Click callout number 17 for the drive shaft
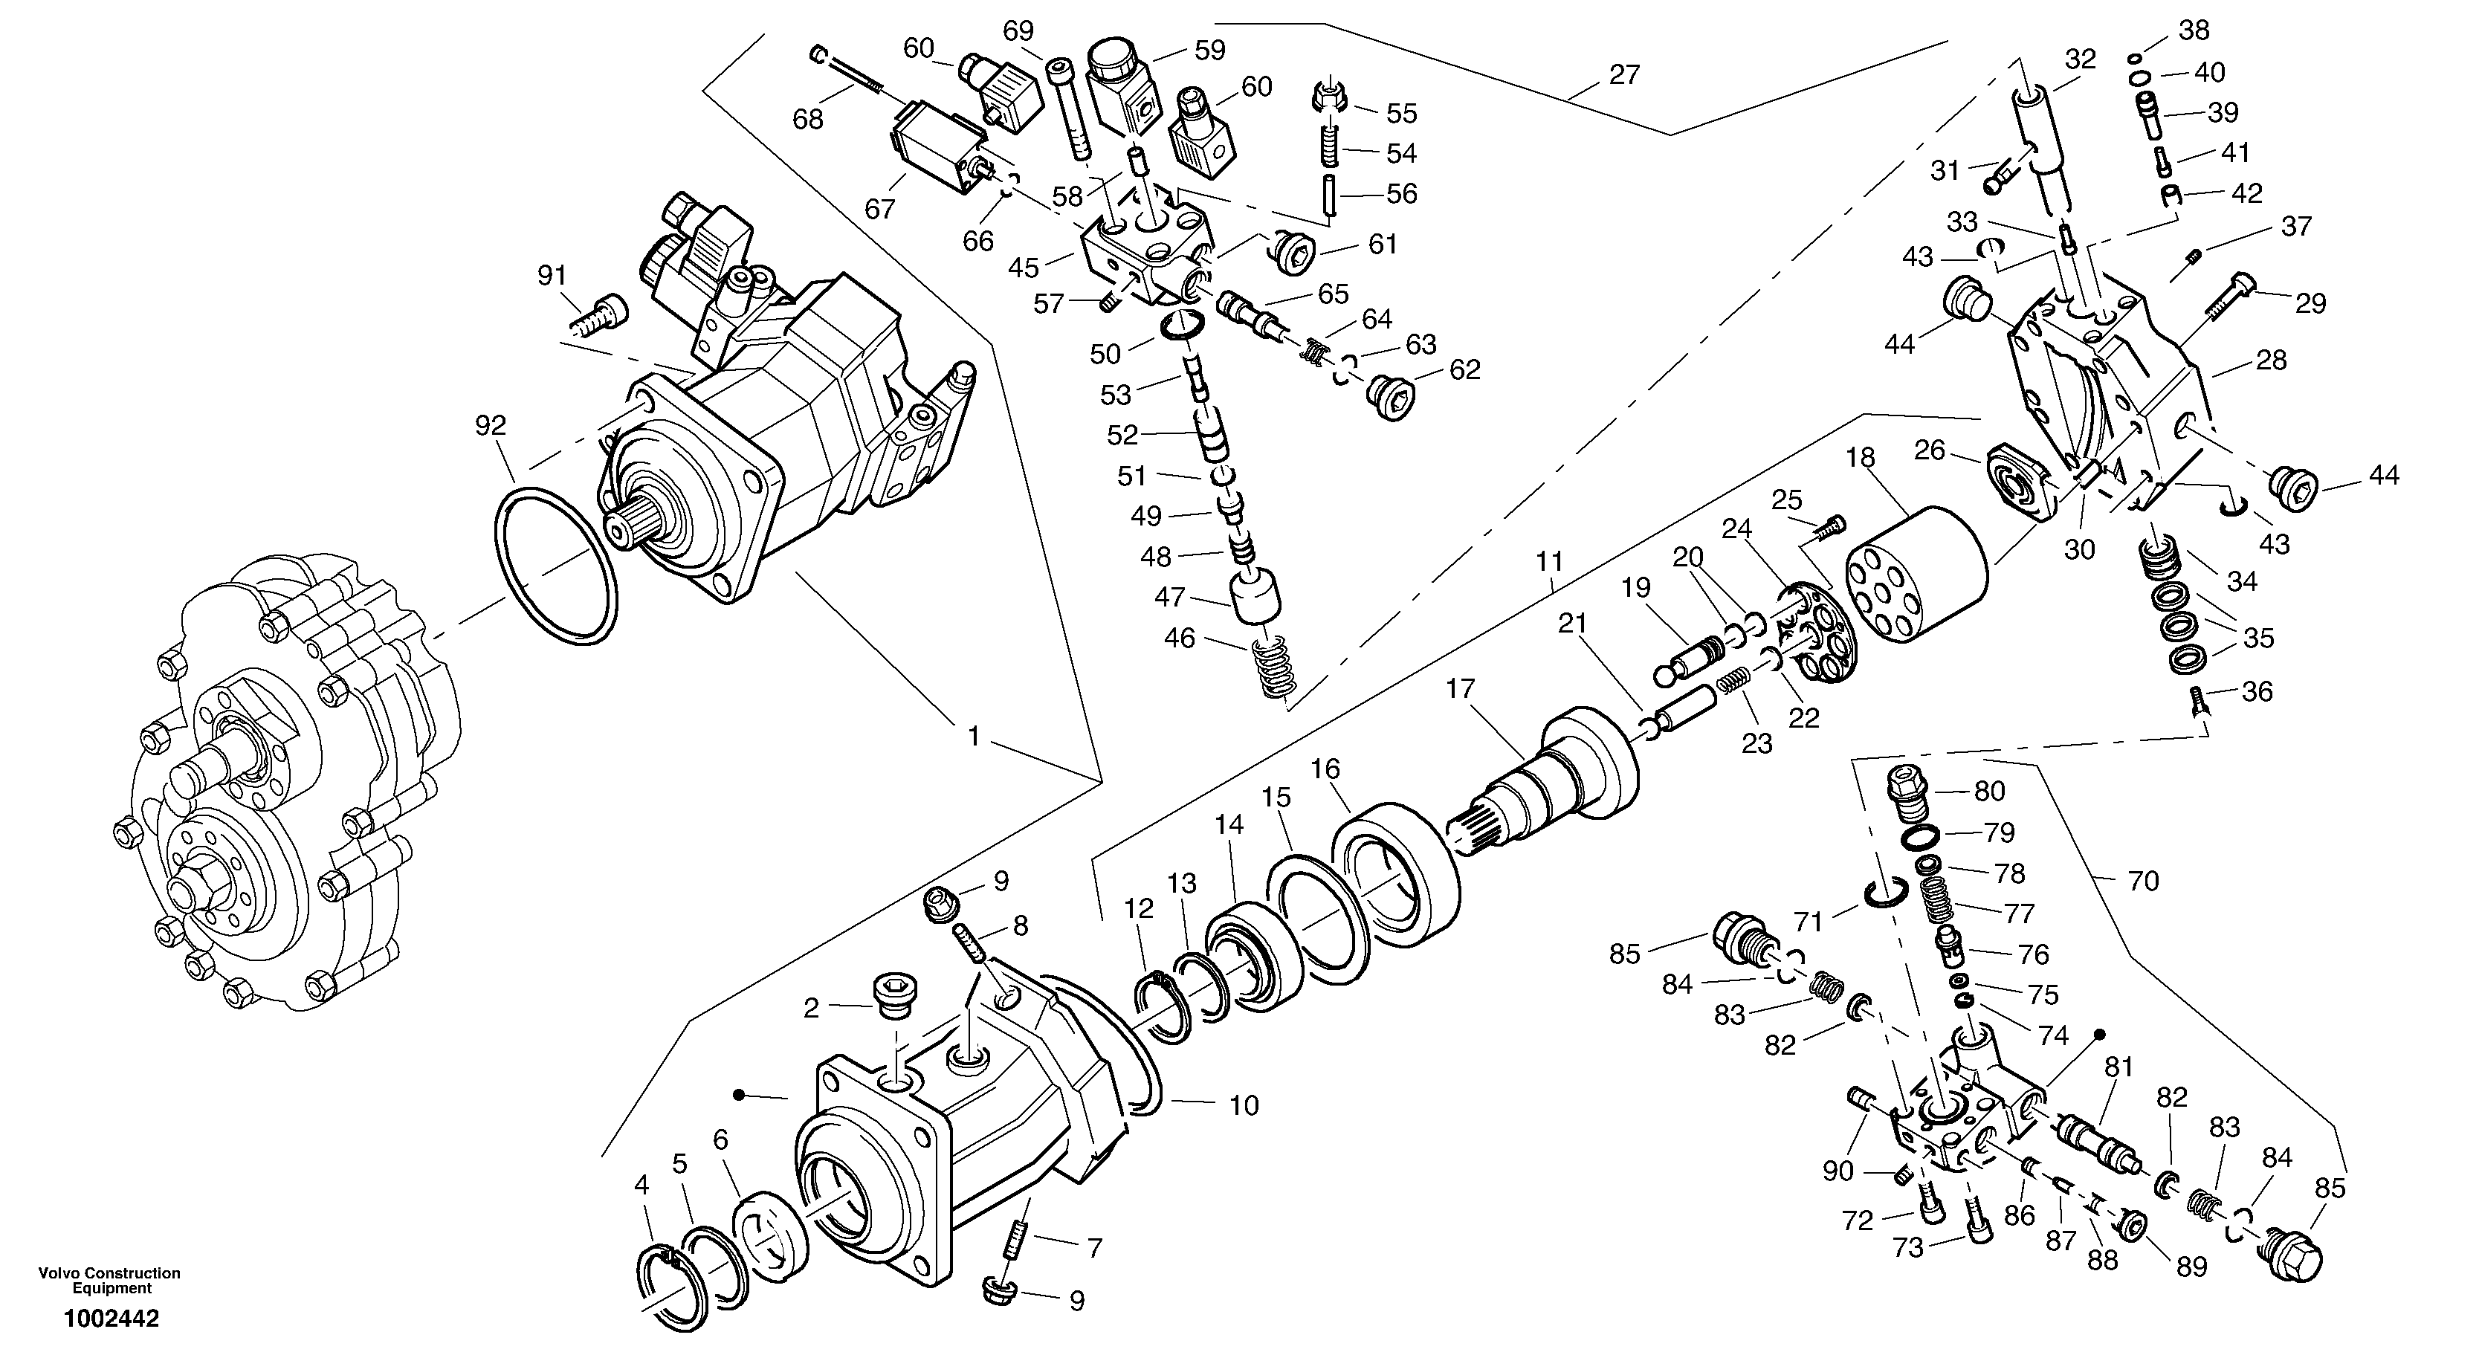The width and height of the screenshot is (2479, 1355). [x=1460, y=689]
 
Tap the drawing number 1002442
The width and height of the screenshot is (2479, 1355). [x=111, y=1319]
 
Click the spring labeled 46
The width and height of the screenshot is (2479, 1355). [x=1273, y=668]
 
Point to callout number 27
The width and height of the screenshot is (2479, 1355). [x=1623, y=74]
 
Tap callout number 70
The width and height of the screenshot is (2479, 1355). [x=2142, y=881]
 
